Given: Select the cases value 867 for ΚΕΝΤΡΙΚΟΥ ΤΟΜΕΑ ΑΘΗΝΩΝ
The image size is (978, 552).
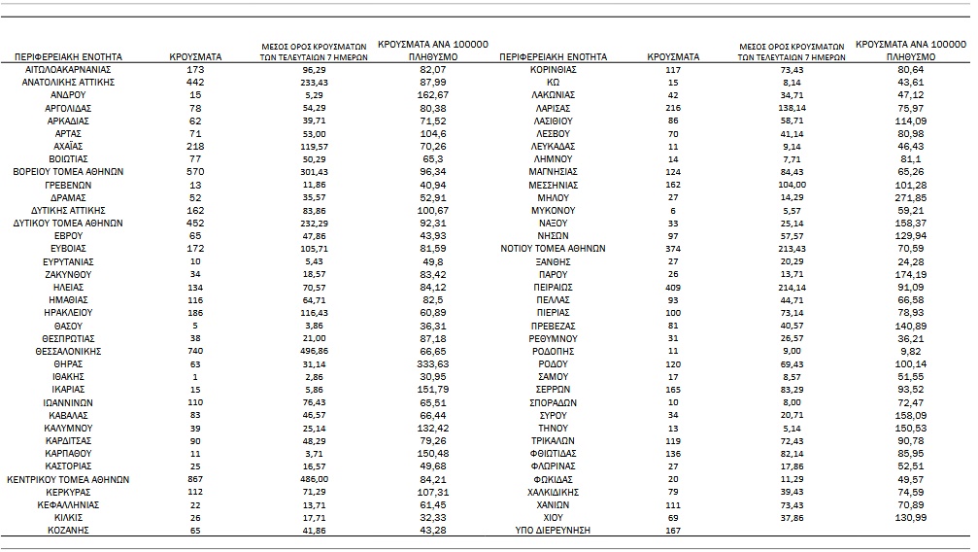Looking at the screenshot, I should click(x=195, y=479).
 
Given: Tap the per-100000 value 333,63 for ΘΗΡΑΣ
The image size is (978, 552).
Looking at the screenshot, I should click(x=431, y=363).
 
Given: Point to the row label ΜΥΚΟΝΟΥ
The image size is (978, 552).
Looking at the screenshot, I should click(x=553, y=210).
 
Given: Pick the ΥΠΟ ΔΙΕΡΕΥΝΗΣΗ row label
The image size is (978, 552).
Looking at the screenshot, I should click(x=553, y=531).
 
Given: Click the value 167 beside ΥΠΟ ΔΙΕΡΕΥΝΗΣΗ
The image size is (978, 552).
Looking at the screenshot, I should click(x=672, y=531).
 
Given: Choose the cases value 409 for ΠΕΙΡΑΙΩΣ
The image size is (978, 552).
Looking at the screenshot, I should click(x=672, y=287).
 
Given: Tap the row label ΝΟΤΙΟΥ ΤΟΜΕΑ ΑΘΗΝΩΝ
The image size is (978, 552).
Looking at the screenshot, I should click(x=553, y=249).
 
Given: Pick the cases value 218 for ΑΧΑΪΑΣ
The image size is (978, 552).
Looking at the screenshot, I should click(x=195, y=146).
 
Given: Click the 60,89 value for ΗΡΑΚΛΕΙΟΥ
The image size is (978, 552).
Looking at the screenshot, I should click(x=431, y=313).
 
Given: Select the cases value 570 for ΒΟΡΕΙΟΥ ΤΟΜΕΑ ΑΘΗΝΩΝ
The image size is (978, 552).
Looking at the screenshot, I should click(x=195, y=172).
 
